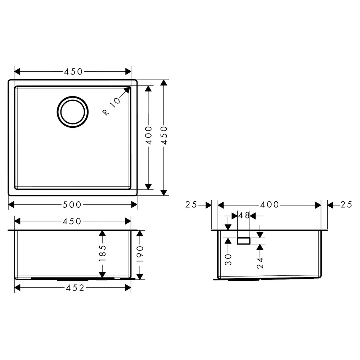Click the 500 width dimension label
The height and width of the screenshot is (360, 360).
point(72,204)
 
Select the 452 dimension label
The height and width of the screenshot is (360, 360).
point(75,288)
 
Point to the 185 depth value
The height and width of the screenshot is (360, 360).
point(102,253)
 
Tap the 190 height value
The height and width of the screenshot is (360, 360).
point(140,254)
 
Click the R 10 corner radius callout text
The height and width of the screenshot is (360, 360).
point(112,106)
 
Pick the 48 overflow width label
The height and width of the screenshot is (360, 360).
point(244,216)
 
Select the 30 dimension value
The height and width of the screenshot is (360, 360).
point(228,260)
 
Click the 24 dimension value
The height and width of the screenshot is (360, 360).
point(260,263)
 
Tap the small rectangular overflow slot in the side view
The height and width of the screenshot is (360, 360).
point(244,241)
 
